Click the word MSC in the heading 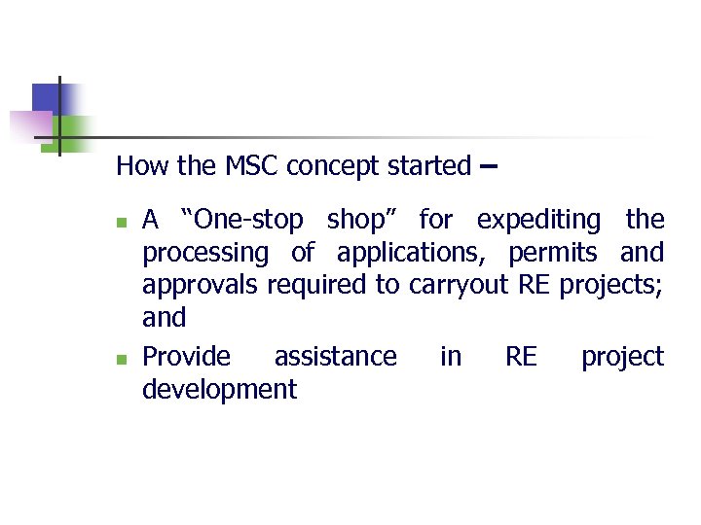(251, 166)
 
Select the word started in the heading (429, 166)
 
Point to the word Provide (187, 357)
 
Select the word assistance (335, 357)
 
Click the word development (219, 390)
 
